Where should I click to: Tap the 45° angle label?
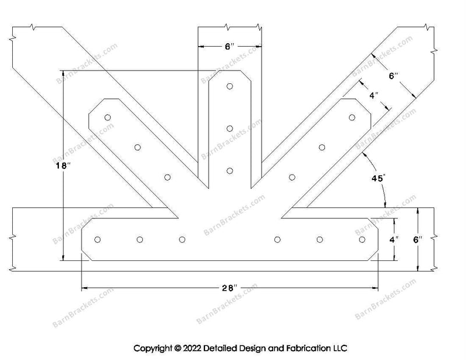tap(376, 178)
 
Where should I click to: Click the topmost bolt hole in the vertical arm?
tap(230, 86)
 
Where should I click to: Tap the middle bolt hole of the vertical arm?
tap(230, 128)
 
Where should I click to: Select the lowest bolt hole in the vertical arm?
tap(230, 171)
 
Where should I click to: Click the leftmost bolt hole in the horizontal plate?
tap(97, 240)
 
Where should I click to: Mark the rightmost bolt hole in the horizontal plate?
tap(362, 240)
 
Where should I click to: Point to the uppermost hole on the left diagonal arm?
tap(108, 117)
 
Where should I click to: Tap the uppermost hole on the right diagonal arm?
tap(352, 117)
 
